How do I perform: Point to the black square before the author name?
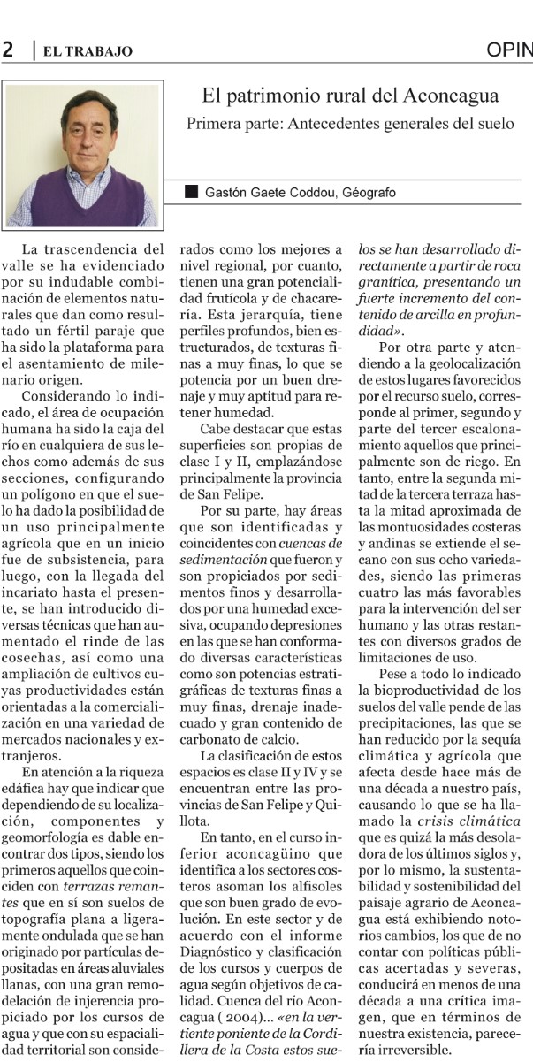tap(191, 192)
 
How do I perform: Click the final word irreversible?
tap(401, 1050)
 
